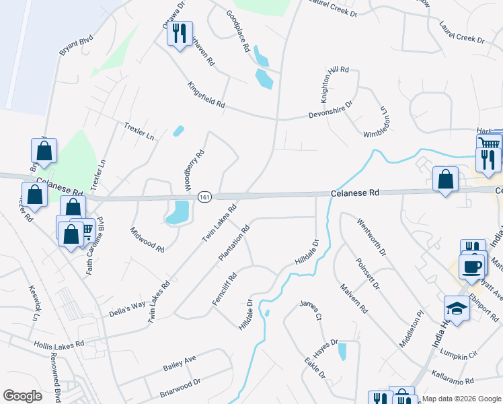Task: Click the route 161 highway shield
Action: tap(205, 197)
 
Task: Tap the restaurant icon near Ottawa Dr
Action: tap(180, 33)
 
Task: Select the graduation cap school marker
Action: tap(457, 308)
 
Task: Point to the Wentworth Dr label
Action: tap(372, 237)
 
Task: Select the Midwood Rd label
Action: tap(147, 239)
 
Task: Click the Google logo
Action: tap(22, 396)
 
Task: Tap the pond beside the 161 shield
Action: tap(178, 211)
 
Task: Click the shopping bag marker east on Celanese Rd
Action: tap(445, 179)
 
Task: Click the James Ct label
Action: tap(311, 311)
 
